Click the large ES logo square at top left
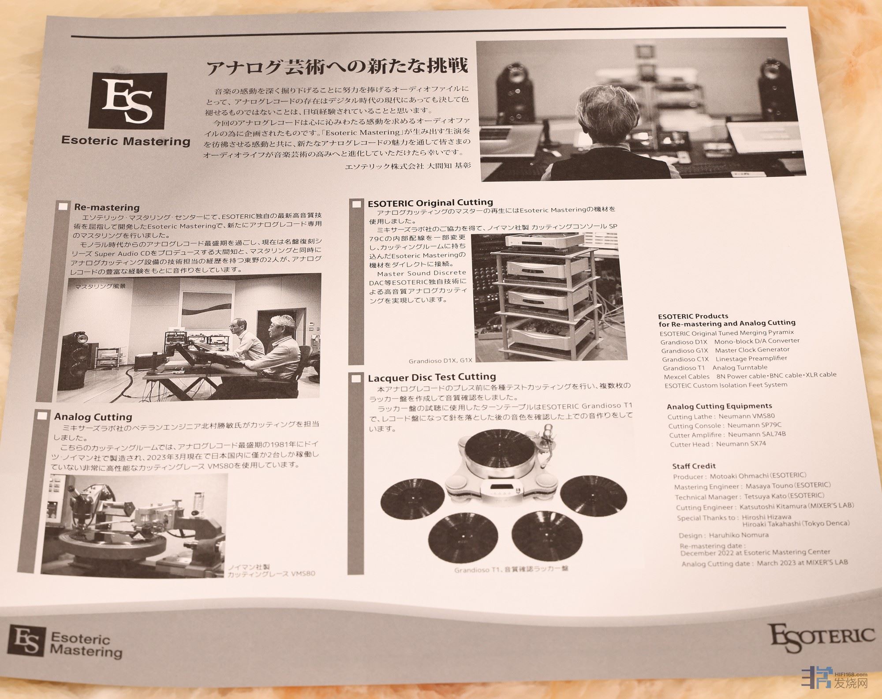click(128, 101)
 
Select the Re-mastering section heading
click(107, 207)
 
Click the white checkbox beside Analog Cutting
click(43, 416)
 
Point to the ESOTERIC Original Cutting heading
click(430, 202)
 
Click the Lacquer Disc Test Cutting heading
click(432, 377)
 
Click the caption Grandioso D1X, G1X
click(440, 360)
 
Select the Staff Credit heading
click(694, 466)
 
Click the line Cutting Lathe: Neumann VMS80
click(721, 416)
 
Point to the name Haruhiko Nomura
click(739, 535)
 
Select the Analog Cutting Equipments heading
click(719, 406)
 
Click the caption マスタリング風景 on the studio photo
click(100, 286)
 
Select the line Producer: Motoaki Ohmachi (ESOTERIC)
click(740, 476)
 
